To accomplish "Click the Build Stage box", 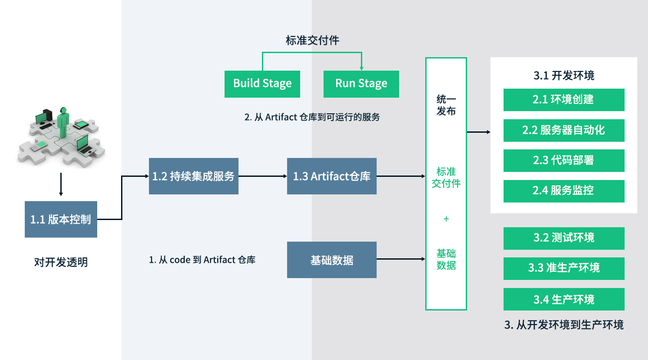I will click(262, 84).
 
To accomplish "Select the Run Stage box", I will click(361, 84).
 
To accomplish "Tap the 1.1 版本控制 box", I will click(61, 219).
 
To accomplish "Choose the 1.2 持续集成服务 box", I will click(193, 176).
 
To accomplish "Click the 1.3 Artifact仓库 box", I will click(332, 176).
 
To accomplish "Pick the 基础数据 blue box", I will click(332, 260).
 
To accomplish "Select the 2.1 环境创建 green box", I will click(563, 99).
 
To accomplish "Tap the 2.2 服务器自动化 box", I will click(563, 130).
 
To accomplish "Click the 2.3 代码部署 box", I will click(563, 160).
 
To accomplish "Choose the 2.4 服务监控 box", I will click(563, 191).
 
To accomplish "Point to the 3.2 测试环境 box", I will click(563, 238).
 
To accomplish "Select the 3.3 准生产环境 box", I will click(563, 268).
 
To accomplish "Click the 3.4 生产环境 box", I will click(563, 299).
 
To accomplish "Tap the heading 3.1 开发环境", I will click(563, 75).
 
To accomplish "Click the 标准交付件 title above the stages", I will click(312, 40).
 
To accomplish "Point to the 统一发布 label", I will click(446, 105).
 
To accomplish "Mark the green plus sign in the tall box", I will click(446, 219).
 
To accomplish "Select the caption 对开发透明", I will click(61, 262).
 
